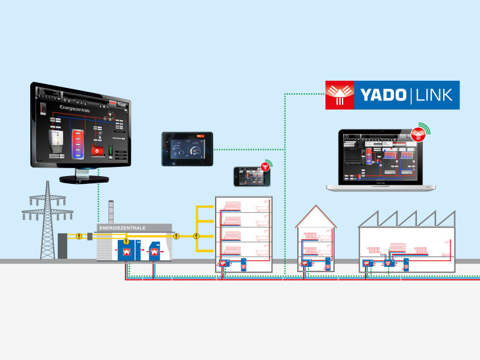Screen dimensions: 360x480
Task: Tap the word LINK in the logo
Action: [434, 95]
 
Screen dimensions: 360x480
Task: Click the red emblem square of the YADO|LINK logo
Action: [340, 95]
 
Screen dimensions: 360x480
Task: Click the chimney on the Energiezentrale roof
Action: [110, 213]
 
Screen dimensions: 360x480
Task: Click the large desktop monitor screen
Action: [80, 129]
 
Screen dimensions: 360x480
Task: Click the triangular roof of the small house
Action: [316, 217]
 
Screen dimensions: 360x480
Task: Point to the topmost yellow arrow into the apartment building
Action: [205, 208]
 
